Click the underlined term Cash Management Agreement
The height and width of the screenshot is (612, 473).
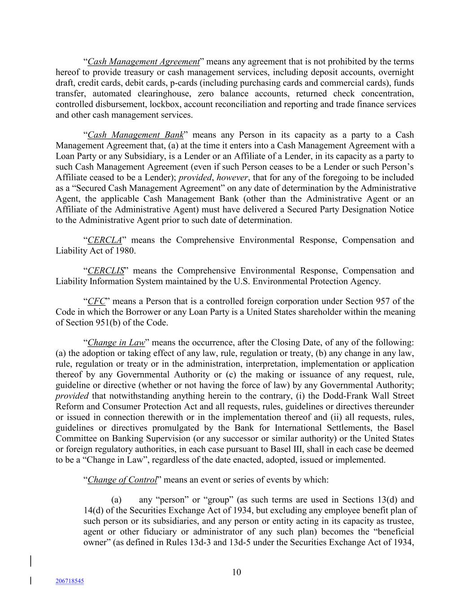[143, 62]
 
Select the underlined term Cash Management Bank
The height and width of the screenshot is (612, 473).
[136, 135]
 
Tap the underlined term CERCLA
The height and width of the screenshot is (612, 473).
[104, 240]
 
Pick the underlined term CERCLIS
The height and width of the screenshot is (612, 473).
[106, 271]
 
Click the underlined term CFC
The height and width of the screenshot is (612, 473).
[96, 301]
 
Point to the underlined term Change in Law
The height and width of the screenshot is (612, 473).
[116, 343]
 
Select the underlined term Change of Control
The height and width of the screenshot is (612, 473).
[122, 480]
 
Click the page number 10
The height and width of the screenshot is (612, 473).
[237, 572]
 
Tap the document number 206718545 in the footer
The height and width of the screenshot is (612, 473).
[69, 581]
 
